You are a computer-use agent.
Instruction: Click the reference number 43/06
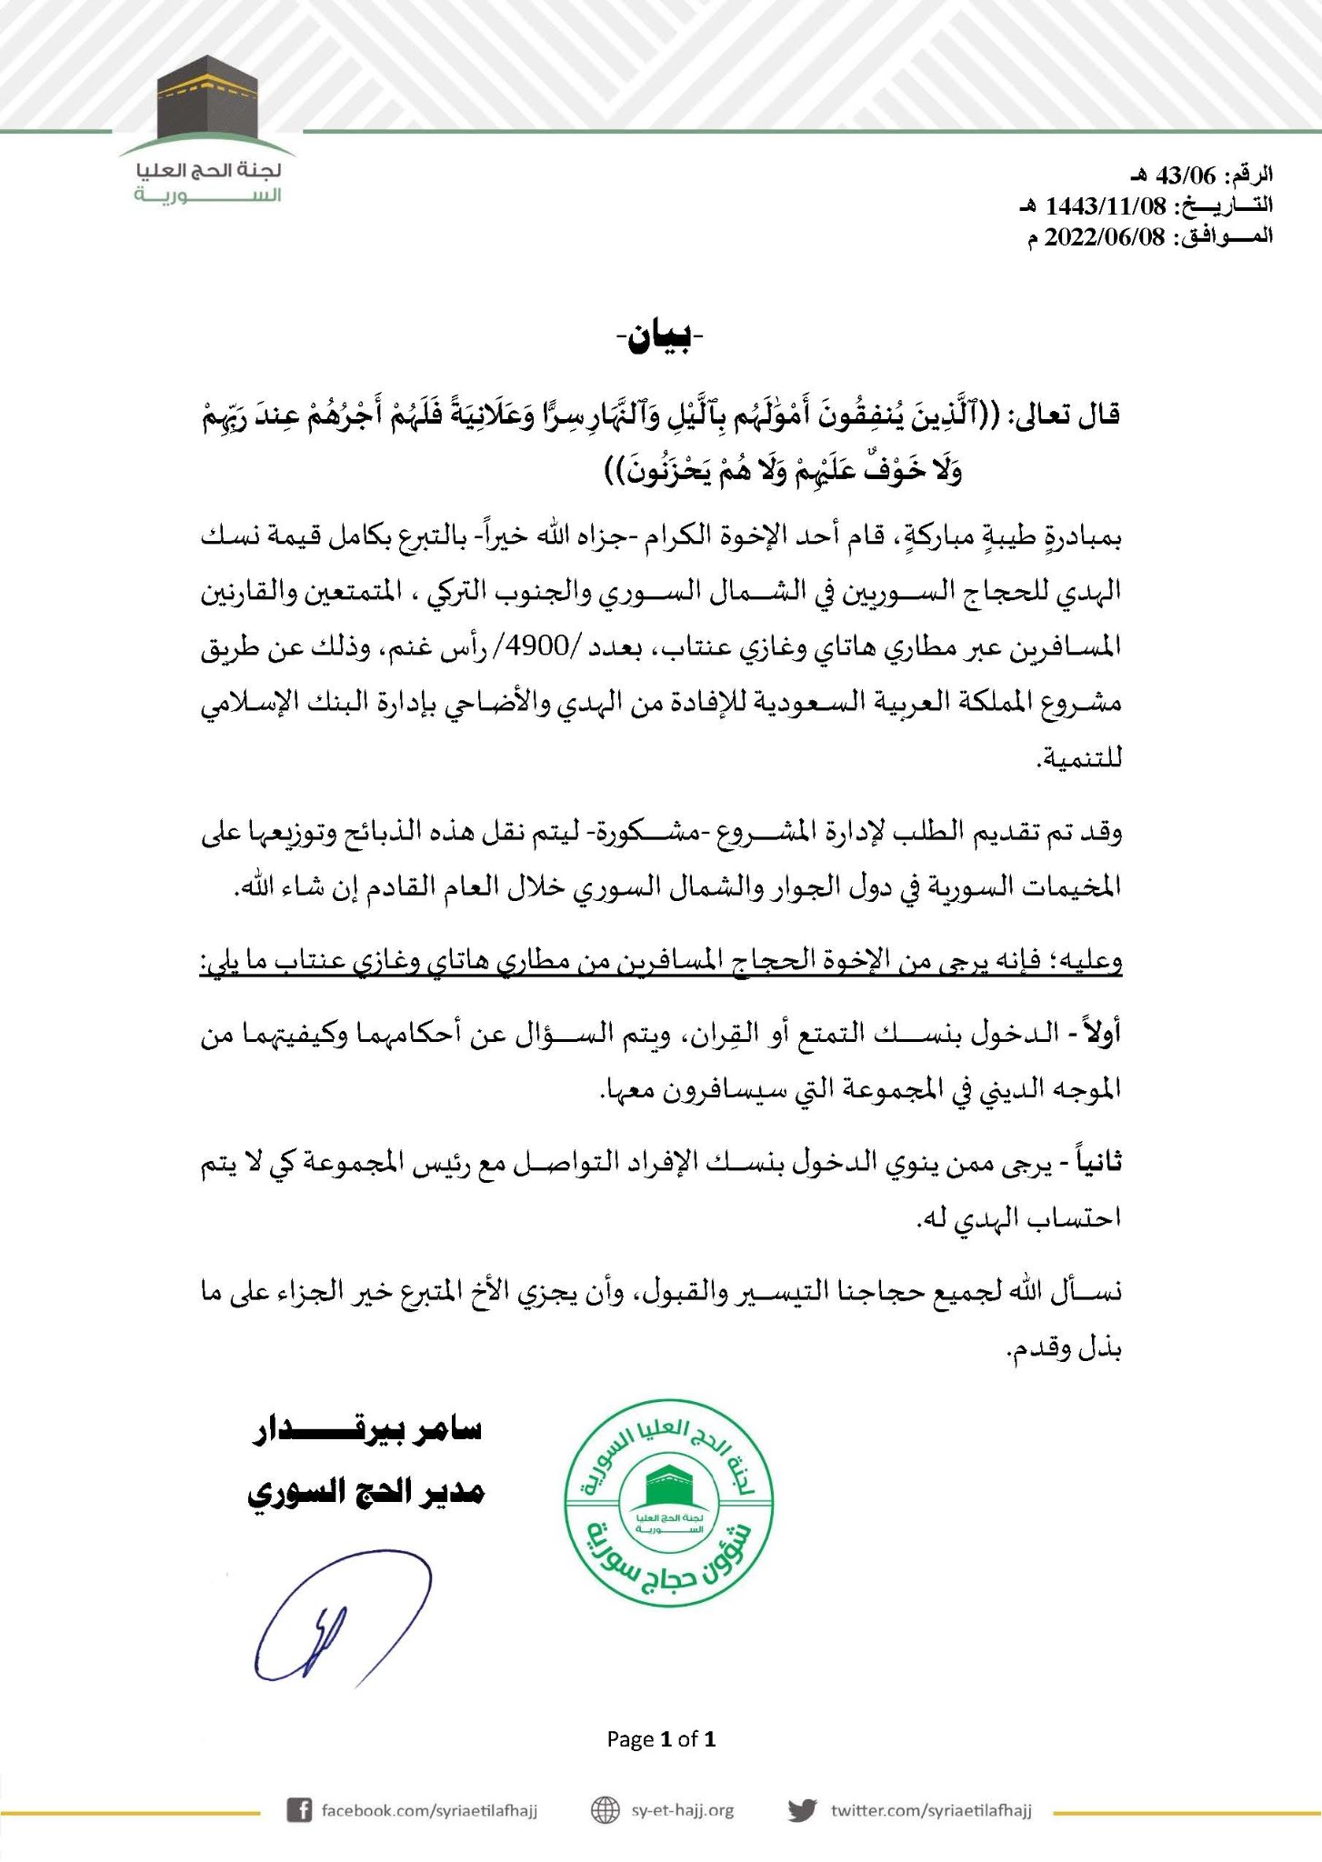point(1179,175)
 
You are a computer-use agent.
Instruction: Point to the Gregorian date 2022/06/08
point(1104,236)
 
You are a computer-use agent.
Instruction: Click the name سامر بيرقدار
point(367,1430)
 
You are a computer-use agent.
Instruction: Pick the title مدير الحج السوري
point(366,1492)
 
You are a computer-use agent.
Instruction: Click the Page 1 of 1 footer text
point(661,1739)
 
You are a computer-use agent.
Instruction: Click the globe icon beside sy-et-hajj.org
point(606,1809)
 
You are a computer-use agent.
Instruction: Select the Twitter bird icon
point(802,1809)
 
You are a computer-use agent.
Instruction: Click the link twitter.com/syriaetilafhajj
point(931,1809)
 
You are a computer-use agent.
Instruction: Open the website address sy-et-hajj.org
point(682,1809)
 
